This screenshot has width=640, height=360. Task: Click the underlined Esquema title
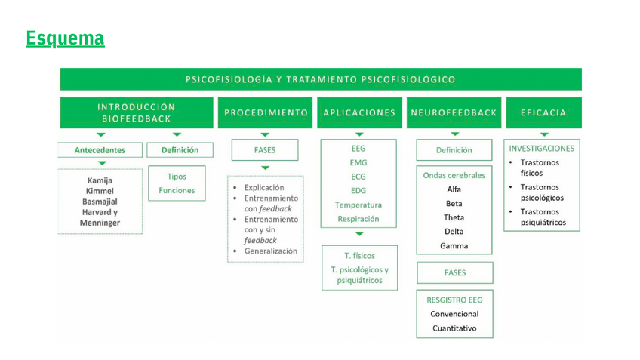[65, 38]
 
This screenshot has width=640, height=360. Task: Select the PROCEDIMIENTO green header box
[266, 112]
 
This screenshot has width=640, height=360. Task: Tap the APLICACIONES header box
[359, 112]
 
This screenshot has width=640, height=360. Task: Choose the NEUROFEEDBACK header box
[454, 112]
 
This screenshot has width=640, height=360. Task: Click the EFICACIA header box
[543, 112]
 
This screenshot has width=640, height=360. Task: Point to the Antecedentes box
[100, 150]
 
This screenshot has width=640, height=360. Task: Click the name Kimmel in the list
[100, 191]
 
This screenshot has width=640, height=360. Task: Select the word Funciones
[177, 191]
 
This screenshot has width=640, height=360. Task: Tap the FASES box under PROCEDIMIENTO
[265, 150]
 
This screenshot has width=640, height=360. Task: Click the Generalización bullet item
[270, 251]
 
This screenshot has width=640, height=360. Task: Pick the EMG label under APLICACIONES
[358, 163]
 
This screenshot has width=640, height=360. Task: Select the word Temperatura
[358, 205]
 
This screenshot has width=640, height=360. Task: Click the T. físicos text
[359, 256]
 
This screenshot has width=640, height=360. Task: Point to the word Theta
[454, 217]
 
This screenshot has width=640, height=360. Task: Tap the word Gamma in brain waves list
[454, 246]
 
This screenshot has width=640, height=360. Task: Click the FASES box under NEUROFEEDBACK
[454, 273]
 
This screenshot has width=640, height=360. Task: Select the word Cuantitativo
[454, 328]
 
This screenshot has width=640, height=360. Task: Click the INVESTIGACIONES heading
[541, 149]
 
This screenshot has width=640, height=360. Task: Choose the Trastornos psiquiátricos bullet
[543, 217]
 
